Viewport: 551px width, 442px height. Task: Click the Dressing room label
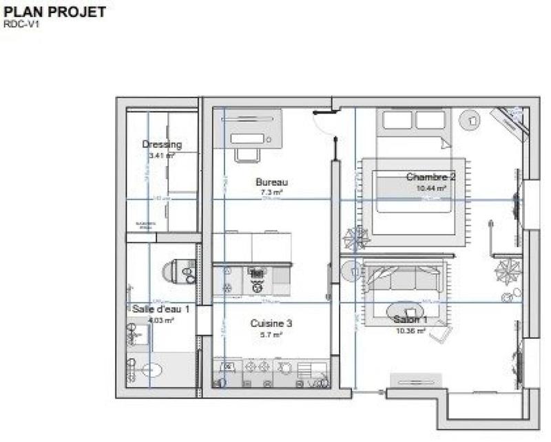pos(162,145)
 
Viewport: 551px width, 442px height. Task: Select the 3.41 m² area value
pos(162,156)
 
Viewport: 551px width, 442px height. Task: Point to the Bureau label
pos(271,182)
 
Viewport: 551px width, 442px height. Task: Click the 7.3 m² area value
pos(271,193)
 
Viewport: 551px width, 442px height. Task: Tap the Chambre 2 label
pos(431,176)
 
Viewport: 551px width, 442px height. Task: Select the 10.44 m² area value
pos(431,187)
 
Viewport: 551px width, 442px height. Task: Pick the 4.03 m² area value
pos(160,320)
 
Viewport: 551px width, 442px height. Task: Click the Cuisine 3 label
pos(271,323)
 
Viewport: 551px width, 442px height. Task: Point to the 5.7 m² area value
pos(271,335)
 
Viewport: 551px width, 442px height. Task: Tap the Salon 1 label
pos(410,320)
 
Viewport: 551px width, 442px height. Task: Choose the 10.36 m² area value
pos(410,331)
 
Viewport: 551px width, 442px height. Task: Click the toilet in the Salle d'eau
pos(178,271)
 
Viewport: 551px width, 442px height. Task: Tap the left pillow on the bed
pos(396,120)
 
